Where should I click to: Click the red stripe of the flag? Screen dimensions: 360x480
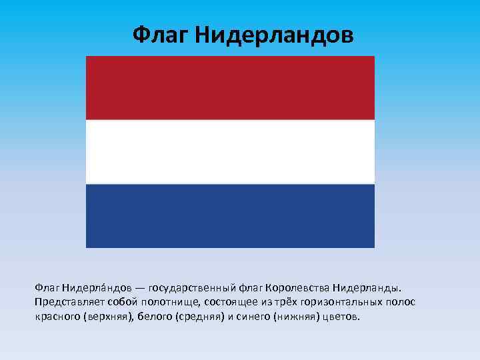click(230, 87)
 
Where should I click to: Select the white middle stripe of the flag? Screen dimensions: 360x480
click(230, 151)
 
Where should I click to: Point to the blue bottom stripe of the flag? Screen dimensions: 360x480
click(230, 215)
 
